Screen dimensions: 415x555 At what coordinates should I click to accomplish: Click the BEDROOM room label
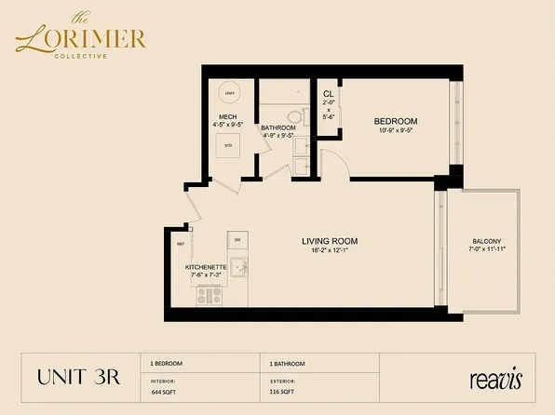(395, 122)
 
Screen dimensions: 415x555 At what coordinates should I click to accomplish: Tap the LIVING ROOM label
(329, 242)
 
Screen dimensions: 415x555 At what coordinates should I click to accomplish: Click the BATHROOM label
(278, 127)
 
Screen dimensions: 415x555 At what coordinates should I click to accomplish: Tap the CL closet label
(328, 95)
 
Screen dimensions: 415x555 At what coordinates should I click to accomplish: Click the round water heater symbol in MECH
(229, 94)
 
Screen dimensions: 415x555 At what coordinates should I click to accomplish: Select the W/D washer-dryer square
(228, 145)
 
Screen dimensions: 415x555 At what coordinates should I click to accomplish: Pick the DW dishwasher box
(237, 238)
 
